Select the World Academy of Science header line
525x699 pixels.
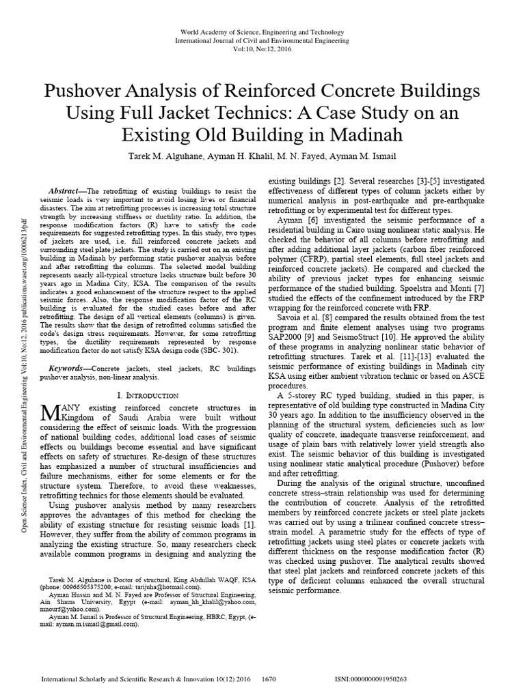click(262, 33)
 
